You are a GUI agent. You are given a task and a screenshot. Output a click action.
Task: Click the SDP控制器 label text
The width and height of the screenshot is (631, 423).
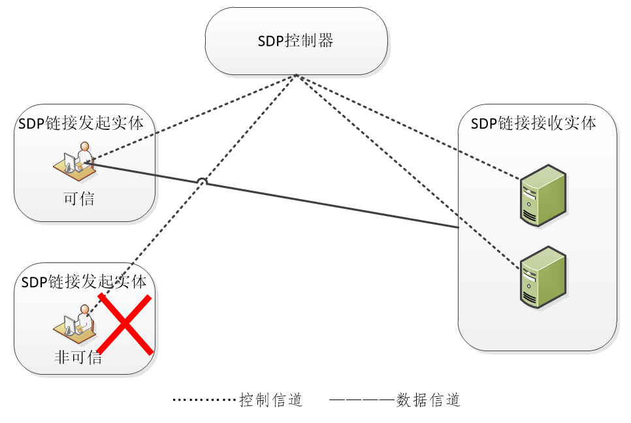pos(295,41)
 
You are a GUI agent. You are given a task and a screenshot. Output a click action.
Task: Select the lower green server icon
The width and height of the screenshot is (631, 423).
pos(542,277)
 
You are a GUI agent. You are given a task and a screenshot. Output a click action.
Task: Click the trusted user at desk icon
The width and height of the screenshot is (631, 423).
pos(74,161)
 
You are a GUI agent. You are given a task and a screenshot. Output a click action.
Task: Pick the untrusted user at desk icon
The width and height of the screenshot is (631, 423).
pos(74,322)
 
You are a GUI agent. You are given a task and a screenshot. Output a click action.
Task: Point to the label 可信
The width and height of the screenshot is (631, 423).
pos(79,198)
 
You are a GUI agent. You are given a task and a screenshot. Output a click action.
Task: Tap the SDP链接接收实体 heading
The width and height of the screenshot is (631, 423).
pos(534,123)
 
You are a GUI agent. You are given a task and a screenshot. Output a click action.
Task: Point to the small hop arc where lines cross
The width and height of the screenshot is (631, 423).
pos(202,182)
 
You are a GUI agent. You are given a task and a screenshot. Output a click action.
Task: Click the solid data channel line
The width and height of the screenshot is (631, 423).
pos(327,204)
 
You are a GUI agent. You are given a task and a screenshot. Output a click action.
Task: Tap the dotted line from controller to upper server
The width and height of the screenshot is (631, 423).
pos(405,126)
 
